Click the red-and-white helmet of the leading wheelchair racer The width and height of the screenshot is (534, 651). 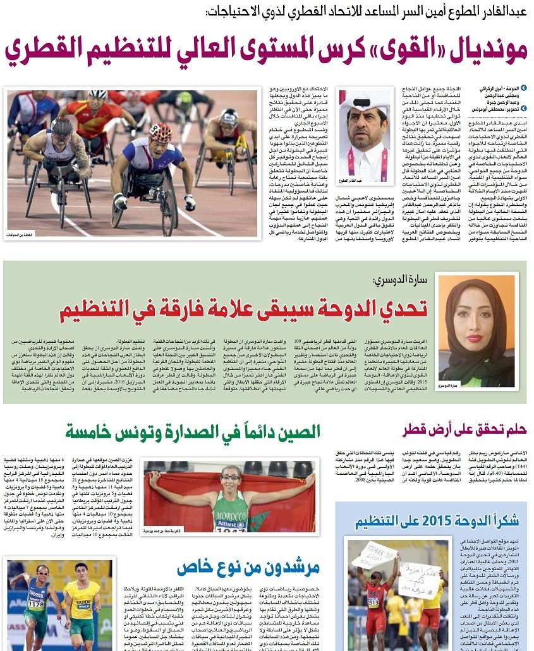[x=161, y=132]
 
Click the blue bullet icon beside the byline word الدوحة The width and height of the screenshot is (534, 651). [x=522, y=88]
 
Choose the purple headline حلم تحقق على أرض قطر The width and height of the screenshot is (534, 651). [x=464, y=431]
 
